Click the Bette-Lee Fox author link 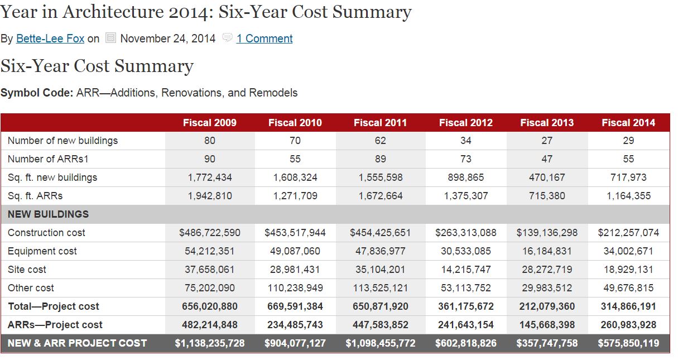(50, 39)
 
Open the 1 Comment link (264, 39)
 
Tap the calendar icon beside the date (110, 39)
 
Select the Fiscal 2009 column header (209, 123)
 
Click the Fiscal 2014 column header (628, 123)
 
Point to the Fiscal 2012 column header (465, 123)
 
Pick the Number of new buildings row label (62, 141)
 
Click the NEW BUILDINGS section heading (48, 214)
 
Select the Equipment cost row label (42, 251)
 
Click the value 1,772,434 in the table (209, 177)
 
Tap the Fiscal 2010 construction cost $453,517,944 (295, 233)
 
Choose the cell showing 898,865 (465, 177)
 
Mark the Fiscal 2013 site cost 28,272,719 (547, 270)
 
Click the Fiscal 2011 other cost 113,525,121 (380, 288)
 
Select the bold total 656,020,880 (209, 306)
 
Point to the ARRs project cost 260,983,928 (628, 325)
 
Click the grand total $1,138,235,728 (209, 343)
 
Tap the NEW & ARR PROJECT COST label (77, 343)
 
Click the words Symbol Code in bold (37, 93)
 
